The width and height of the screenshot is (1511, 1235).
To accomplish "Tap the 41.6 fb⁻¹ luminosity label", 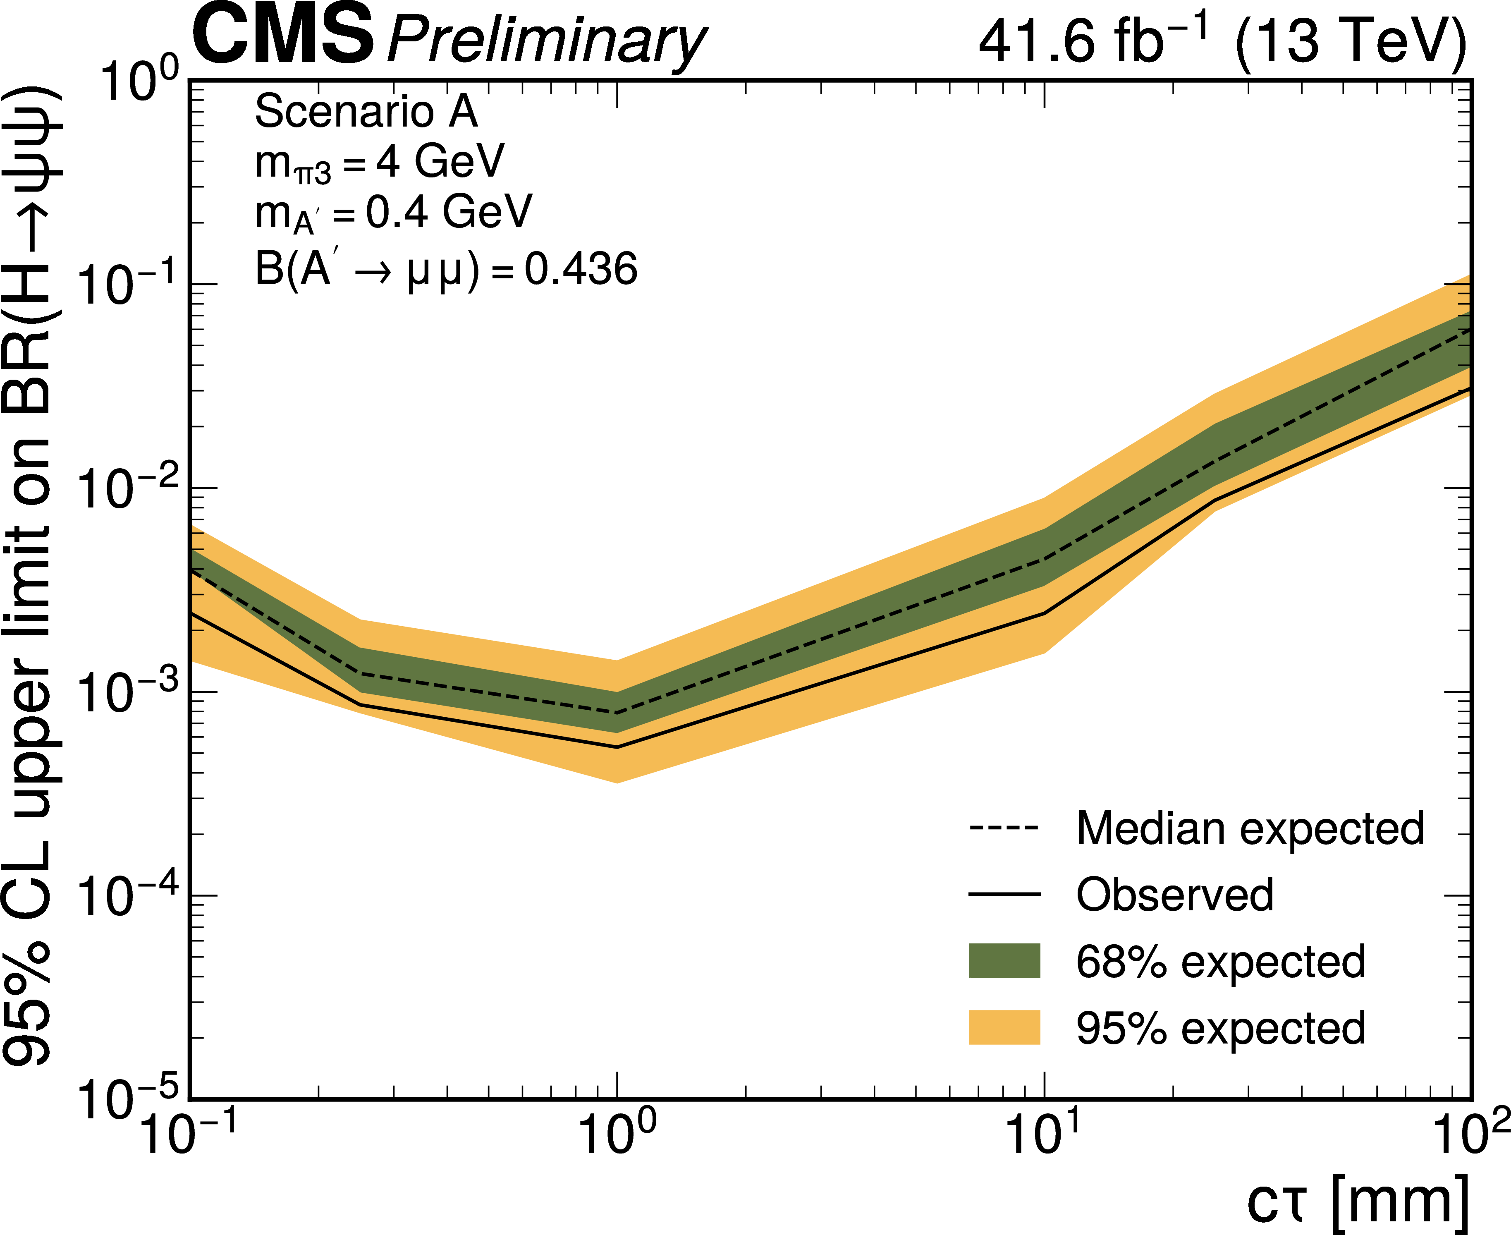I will pos(1095,41).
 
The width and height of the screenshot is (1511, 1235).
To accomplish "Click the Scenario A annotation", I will pos(366,112).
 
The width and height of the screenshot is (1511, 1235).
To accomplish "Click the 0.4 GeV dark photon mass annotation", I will pos(393,212).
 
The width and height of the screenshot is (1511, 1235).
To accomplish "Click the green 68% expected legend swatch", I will pos(1004,961).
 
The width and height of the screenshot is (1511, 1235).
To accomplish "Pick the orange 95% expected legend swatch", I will pos(1004,1027).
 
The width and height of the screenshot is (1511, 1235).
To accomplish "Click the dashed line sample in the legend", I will pos(1004,829).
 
